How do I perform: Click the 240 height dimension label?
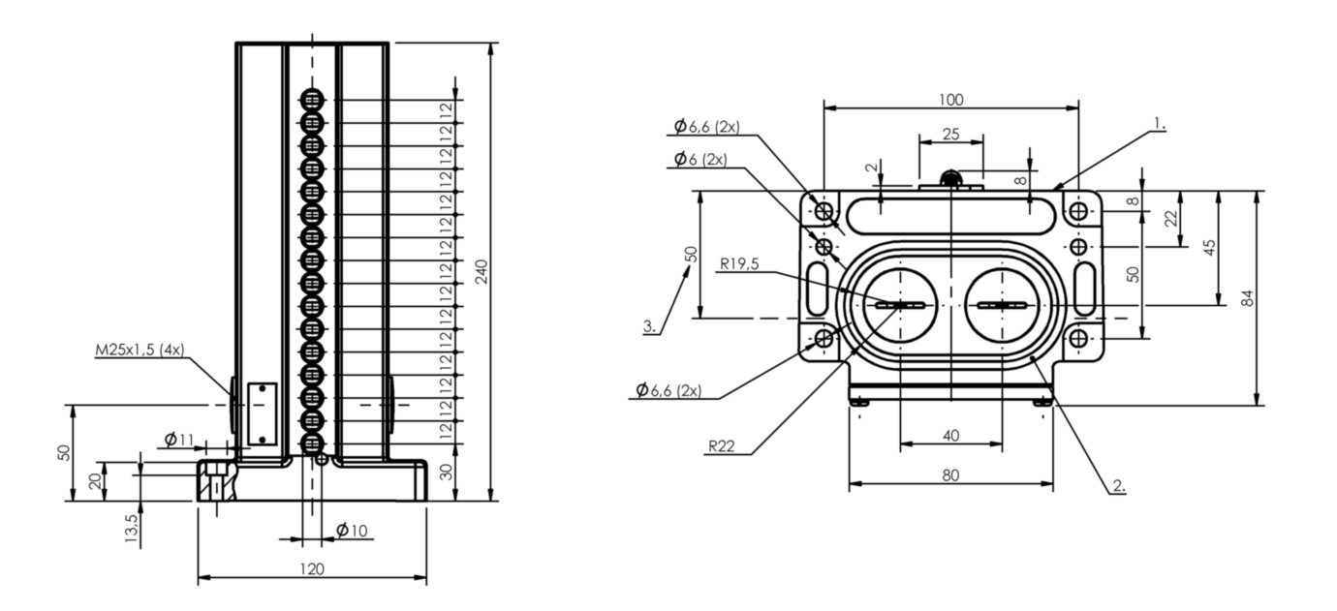click(482, 272)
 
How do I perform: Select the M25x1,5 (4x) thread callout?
click(140, 350)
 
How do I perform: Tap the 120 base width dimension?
click(312, 569)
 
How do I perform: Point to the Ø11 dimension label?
click(179, 440)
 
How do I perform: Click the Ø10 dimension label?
click(352, 530)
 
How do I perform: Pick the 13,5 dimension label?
click(132, 528)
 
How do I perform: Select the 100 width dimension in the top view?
click(950, 100)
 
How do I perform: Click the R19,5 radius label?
click(739, 263)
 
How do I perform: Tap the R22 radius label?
click(722, 446)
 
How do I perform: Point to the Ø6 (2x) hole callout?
click(700, 160)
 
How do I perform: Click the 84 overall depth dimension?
click(1248, 298)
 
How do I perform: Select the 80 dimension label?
click(950, 475)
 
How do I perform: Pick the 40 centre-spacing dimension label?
click(950, 436)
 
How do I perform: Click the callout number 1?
click(1159, 124)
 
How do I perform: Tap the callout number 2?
click(1119, 486)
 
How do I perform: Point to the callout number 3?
click(649, 327)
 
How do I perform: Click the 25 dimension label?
click(950, 135)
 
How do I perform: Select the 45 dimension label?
click(1209, 248)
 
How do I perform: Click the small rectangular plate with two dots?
click(263, 414)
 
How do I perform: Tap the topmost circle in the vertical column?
click(311, 100)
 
